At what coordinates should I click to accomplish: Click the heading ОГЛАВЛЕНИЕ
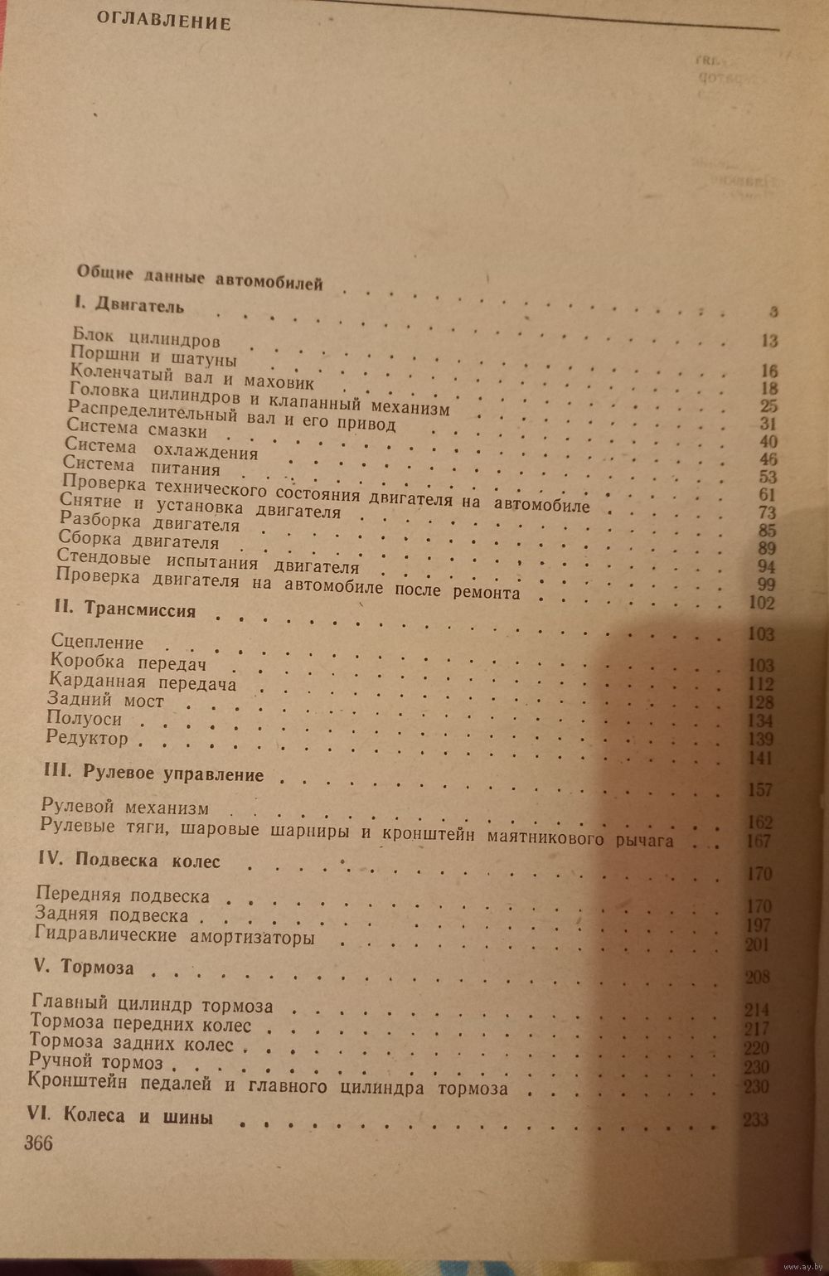coord(163,20)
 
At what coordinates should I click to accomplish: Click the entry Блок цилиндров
coord(145,339)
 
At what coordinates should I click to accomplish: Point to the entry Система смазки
coord(137,432)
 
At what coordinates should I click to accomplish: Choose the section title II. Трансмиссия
coord(125,610)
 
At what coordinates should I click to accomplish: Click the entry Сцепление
coord(97,642)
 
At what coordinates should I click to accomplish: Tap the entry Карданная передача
coord(143,683)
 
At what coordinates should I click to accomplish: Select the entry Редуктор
coord(88,738)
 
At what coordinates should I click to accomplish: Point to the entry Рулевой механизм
coord(125,808)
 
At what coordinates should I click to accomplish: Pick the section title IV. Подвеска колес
coord(129,861)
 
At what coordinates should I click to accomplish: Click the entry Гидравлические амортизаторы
coord(176,937)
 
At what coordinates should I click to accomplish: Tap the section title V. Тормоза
coord(81,968)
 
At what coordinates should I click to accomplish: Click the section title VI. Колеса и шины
coord(120,1116)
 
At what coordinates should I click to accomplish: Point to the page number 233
coord(756,1120)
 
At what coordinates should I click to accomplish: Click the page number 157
coord(759,789)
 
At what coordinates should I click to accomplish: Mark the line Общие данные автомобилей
coord(199,278)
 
